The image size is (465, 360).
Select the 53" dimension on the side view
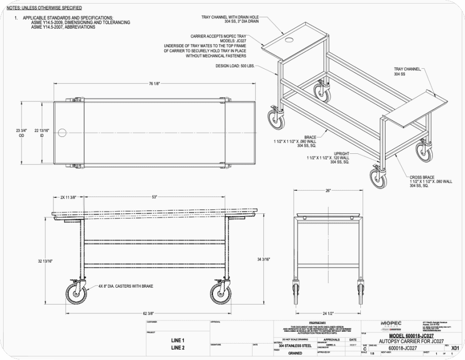tap(153, 196)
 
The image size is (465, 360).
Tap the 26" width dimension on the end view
tap(328, 190)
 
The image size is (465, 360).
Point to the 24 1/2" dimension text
tap(328, 313)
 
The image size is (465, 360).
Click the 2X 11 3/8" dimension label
tap(68, 196)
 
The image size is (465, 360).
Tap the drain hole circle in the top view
tap(62, 133)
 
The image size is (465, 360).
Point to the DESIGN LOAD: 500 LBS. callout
tap(235, 66)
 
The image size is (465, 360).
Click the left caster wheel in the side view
tap(76, 294)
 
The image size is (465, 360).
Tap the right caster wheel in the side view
tap(221, 294)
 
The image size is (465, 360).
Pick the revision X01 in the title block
tap(454, 348)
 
